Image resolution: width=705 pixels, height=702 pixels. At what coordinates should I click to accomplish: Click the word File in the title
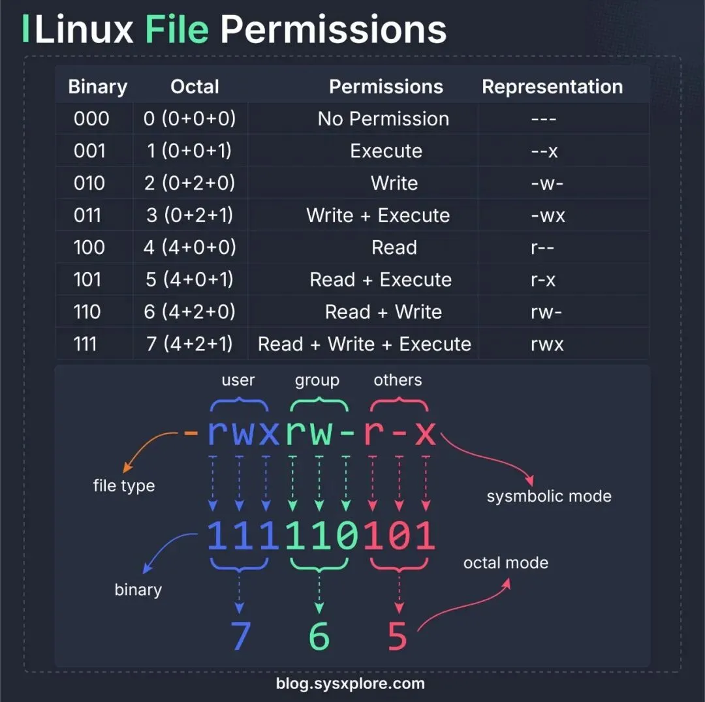tap(177, 30)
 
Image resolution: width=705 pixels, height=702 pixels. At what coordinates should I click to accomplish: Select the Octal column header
tap(195, 87)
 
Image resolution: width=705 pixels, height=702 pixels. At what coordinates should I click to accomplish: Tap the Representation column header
tap(552, 87)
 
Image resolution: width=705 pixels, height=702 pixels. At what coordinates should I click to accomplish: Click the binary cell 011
tap(87, 215)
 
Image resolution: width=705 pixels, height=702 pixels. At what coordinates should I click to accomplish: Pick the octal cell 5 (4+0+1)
tap(189, 279)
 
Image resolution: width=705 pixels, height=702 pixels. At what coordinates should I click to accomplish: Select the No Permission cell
tap(383, 119)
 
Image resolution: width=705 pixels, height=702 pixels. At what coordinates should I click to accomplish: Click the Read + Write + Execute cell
tap(364, 344)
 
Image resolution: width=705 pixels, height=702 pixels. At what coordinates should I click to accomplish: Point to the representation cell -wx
tap(548, 215)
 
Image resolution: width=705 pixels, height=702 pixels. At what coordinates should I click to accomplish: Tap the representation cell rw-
tap(547, 312)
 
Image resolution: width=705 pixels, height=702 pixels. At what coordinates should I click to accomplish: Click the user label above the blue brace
tap(238, 380)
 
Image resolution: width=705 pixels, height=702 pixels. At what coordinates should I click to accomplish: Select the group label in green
tap(317, 380)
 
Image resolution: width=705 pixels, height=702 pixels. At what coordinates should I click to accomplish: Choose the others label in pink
tap(398, 380)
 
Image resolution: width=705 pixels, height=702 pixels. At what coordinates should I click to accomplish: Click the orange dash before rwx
tap(191, 433)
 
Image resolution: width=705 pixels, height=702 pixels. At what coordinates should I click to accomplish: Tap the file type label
tap(124, 486)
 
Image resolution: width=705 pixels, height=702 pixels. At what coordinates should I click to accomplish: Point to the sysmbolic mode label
tap(549, 496)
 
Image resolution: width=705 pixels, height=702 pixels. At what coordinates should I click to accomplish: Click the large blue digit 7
tap(241, 635)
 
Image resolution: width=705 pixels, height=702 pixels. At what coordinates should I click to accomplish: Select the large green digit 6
tap(319, 635)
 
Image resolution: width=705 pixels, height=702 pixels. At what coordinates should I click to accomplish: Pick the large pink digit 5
tap(398, 635)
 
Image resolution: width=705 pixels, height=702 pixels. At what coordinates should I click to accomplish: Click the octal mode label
tap(506, 563)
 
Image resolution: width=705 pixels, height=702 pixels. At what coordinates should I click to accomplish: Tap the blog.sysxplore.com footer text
tap(351, 684)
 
